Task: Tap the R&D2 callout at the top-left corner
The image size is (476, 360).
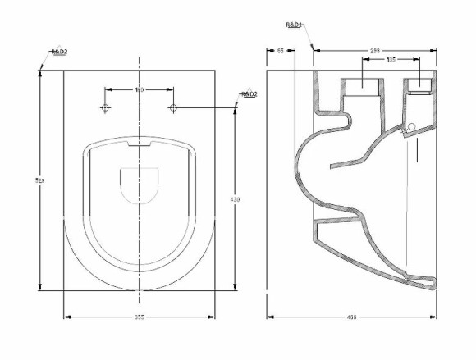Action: [x=58, y=52]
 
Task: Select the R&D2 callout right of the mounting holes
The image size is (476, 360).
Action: [x=249, y=94]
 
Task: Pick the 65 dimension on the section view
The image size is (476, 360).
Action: [x=280, y=51]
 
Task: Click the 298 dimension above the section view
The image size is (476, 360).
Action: [x=374, y=51]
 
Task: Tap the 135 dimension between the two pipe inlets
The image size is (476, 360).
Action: [x=391, y=60]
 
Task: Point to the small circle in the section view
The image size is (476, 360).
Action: [x=412, y=125]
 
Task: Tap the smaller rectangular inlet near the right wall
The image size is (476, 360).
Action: [x=418, y=85]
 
